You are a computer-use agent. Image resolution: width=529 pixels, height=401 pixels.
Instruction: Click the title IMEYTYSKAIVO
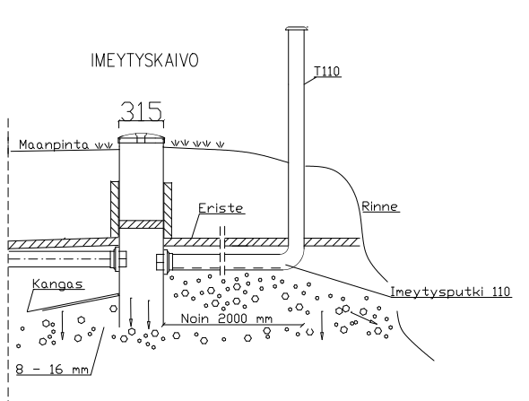144,60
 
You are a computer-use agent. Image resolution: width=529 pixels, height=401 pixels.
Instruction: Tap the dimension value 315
141,111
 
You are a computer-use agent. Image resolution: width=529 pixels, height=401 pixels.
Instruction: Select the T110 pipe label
327,72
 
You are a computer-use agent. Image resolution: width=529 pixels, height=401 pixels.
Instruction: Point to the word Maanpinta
54,144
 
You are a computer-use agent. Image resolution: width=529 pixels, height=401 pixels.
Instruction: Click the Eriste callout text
221,207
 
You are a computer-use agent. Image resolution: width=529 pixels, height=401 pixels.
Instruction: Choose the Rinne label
379,206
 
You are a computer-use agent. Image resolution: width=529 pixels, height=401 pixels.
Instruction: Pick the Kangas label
57,283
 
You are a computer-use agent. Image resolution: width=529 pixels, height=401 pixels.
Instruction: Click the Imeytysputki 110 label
450,292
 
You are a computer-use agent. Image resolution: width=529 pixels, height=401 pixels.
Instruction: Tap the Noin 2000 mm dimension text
226,318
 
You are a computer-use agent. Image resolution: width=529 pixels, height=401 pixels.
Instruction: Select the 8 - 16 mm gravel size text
52,369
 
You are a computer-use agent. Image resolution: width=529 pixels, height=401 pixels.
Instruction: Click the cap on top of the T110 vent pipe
297,29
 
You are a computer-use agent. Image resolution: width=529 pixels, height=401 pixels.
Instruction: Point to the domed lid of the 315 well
141,138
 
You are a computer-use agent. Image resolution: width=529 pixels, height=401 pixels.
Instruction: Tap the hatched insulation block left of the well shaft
115,209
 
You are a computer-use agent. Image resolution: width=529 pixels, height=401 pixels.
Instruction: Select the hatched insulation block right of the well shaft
168,210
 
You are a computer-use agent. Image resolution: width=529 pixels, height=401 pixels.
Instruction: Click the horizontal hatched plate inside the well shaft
141,224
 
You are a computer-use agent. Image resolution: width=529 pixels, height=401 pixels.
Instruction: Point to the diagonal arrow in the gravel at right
364,318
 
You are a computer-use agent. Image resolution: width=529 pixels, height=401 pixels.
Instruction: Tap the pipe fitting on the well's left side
119,258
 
